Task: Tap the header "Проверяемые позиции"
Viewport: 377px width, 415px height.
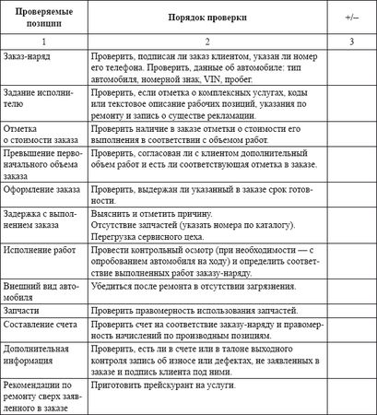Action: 45,18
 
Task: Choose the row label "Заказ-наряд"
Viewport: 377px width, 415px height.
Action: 28,56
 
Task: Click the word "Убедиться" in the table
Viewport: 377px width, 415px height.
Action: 116,287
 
